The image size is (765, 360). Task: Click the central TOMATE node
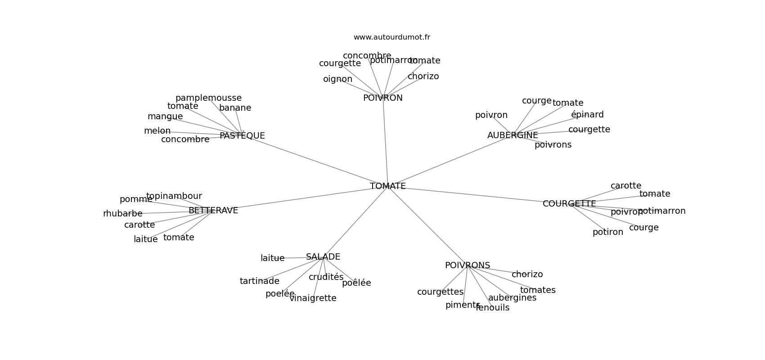(387, 186)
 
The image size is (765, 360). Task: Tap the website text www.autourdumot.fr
(391, 37)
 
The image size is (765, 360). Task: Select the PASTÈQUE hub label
(242, 136)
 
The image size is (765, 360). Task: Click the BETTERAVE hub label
(213, 211)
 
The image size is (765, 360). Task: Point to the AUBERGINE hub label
(513, 135)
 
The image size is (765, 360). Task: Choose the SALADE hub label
(323, 257)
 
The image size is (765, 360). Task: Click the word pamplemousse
(208, 98)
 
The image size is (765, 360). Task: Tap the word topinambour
(174, 196)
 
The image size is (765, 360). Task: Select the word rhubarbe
(122, 214)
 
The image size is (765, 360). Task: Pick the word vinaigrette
(313, 298)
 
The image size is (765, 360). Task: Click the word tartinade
(259, 281)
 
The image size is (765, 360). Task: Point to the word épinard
(587, 115)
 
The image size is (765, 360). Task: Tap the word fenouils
(492, 308)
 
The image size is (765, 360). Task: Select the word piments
(463, 305)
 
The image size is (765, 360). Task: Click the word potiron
(607, 232)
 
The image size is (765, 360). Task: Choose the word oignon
(337, 79)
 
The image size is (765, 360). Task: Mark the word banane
(235, 108)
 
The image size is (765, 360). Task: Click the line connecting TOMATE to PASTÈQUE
(315, 161)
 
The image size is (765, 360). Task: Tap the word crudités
(326, 277)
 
